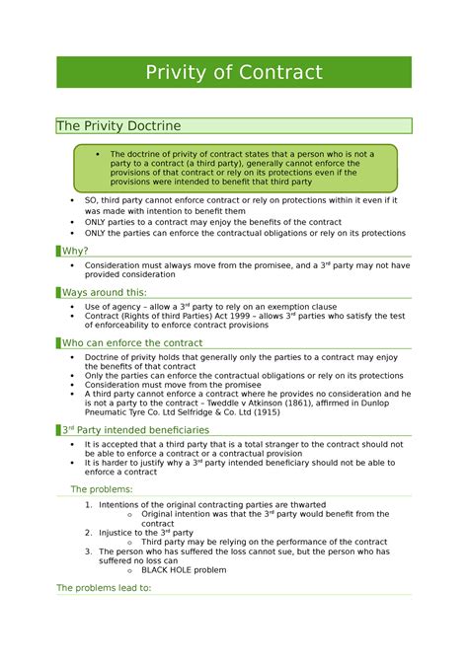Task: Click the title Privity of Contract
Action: click(x=234, y=73)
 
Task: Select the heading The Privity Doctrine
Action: click(x=118, y=125)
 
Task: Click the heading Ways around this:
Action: click(x=104, y=292)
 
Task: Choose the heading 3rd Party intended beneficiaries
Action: click(x=136, y=430)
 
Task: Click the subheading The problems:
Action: click(x=102, y=488)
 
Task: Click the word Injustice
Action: click(x=120, y=533)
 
